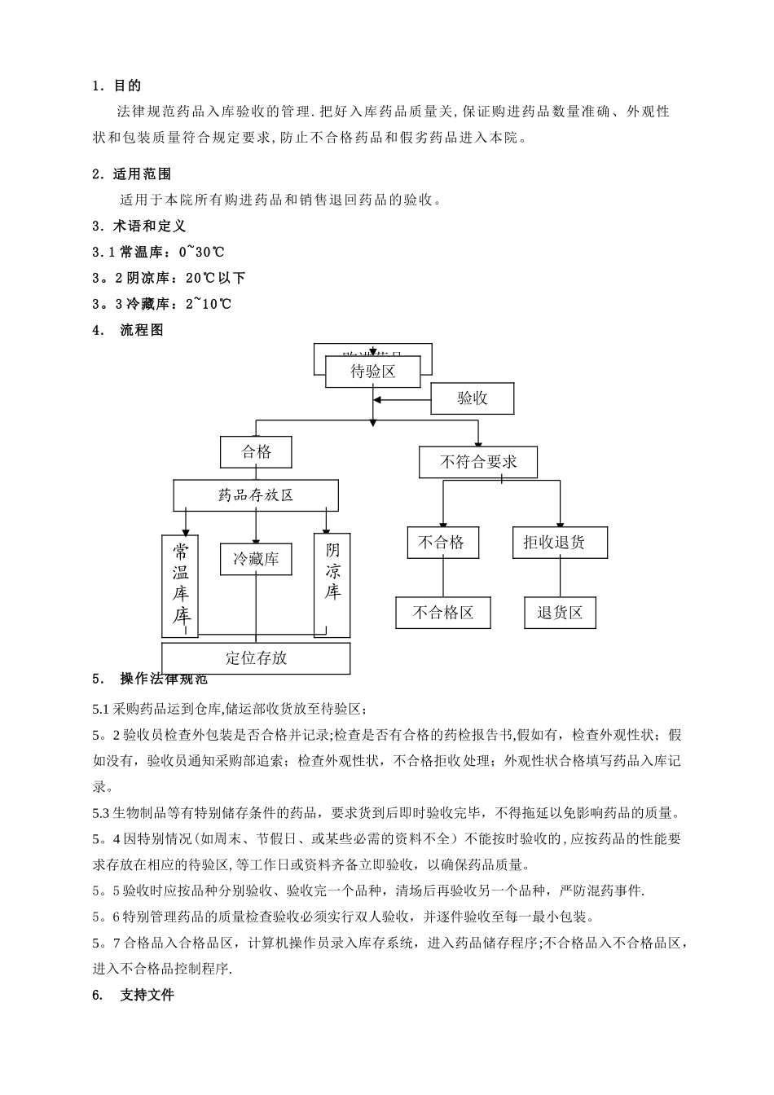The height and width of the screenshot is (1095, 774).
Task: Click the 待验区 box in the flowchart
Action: point(373,372)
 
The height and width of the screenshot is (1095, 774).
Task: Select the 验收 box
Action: point(473,398)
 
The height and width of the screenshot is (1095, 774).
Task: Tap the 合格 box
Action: point(256,451)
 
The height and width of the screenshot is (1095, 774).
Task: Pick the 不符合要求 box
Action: point(478,462)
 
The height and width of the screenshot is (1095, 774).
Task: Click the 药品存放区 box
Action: point(256,495)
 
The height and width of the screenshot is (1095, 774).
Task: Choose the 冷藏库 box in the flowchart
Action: point(256,559)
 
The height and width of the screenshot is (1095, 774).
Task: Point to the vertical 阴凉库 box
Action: point(332,584)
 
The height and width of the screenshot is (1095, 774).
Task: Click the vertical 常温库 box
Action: point(180,584)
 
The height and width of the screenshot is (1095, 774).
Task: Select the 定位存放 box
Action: point(256,658)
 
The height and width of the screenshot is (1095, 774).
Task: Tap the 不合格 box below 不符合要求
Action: point(442,543)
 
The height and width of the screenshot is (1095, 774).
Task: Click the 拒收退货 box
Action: point(560,543)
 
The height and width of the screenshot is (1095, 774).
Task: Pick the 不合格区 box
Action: point(443,613)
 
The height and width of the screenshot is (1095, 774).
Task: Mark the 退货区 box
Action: point(560,613)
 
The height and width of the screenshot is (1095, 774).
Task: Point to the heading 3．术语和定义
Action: point(139,226)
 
